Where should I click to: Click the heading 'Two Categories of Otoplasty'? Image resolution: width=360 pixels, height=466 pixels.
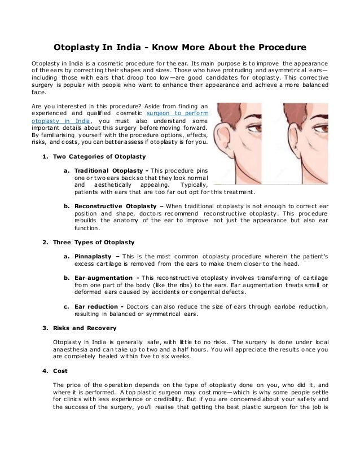99,156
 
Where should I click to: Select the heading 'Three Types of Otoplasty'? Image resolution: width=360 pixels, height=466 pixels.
94,242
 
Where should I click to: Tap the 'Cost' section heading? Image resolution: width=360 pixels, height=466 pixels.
60,371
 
